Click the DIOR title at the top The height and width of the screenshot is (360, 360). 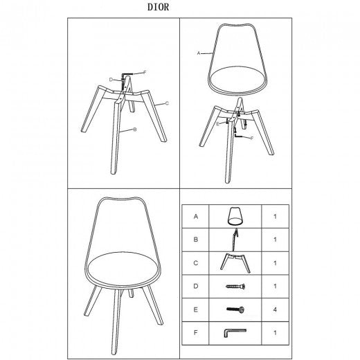(x=158, y=7)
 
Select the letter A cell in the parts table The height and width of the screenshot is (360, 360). (x=196, y=217)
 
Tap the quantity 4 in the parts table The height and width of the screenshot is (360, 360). (x=275, y=309)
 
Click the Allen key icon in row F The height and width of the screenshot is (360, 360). (x=235, y=333)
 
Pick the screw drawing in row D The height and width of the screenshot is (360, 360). (x=235, y=287)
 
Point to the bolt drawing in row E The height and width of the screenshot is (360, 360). (x=235, y=309)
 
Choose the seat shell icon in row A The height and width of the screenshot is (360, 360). (x=235, y=216)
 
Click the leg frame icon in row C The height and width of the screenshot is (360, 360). (x=235, y=263)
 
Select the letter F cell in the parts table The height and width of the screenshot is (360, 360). (x=196, y=333)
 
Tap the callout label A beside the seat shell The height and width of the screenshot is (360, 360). (x=199, y=53)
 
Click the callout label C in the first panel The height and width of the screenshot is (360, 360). (x=168, y=103)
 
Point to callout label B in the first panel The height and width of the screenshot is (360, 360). (x=135, y=129)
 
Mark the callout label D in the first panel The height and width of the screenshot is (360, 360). (x=111, y=80)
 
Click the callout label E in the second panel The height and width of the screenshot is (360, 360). (x=217, y=124)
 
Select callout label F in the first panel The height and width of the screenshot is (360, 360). (x=145, y=73)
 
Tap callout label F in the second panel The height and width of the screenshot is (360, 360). (x=252, y=138)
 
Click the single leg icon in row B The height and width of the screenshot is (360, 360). (x=235, y=240)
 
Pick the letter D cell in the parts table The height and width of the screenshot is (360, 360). (x=196, y=287)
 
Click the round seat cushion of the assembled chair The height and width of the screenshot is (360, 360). (x=125, y=269)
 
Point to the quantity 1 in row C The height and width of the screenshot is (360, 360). (x=275, y=263)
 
